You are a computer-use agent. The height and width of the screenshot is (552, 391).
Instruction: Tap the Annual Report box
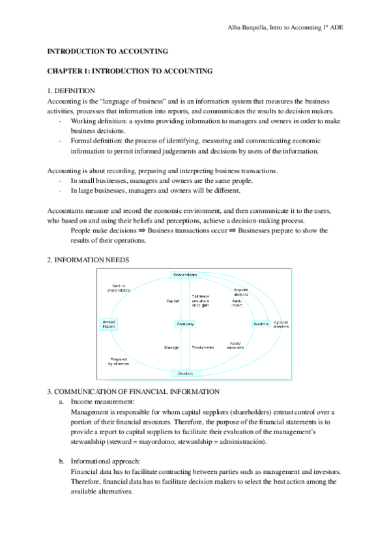(108, 324)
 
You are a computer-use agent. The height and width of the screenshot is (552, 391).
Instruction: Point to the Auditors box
(261, 324)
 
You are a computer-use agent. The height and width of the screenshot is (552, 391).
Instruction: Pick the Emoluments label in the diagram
(203, 348)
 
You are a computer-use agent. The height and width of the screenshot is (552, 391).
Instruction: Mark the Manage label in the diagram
(171, 348)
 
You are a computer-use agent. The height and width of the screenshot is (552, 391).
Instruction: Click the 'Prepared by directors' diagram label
(119, 361)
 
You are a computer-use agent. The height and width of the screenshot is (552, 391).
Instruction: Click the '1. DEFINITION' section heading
(72, 90)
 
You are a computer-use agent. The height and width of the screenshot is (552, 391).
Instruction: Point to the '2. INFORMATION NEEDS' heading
(89, 260)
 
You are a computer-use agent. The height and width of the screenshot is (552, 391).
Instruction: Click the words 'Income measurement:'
(103, 402)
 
